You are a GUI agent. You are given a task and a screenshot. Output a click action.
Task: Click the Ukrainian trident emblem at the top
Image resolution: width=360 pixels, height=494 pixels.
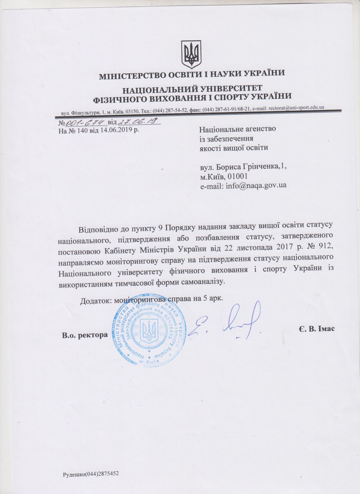pyautogui.click(x=192, y=54)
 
